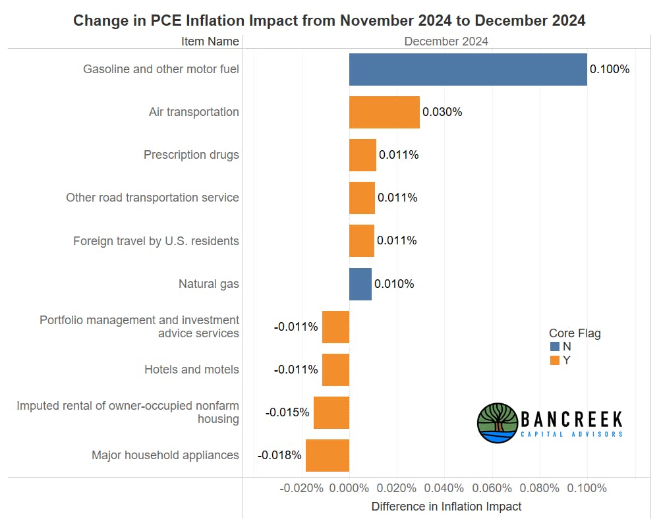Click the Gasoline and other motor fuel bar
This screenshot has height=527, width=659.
pyautogui.click(x=468, y=69)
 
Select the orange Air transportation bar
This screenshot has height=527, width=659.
pyautogui.click(x=384, y=112)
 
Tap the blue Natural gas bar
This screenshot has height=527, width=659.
pyautogui.click(x=360, y=284)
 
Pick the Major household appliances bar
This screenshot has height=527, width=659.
pyautogui.click(x=328, y=455)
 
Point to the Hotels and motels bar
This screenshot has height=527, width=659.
pyautogui.click(x=335, y=370)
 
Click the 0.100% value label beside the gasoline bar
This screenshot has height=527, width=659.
pyautogui.click(x=610, y=69)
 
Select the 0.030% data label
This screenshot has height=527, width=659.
pyautogui.click(x=442, y=112)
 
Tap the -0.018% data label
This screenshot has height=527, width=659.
pyautogui.click(x=279, y=455)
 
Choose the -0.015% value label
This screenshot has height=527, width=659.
pyautogui.click(x=287, y=412)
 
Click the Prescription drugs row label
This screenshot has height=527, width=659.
pyautogui.click(x=191, y=155)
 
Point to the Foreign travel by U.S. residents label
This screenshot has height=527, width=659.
pyautogui.click(x=156, y=240)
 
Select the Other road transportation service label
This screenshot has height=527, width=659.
pyautogui.click(x=152, y=198)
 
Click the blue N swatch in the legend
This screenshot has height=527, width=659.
pyautogui.click(x=554, y=347)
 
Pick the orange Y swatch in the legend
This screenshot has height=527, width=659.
pyautogui.click(x=554, y=360)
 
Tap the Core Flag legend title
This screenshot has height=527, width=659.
pyautogui.click(x=575, y=333)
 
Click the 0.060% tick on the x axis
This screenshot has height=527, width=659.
pyautogui.click(x=492, y=488)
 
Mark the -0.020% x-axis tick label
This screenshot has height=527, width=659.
pyautogui.click(x=301, y=488)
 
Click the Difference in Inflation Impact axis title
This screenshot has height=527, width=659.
pyautogui.click(x=446, y=507)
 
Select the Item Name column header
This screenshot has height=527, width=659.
pyautogui.click(x=210, y=41)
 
